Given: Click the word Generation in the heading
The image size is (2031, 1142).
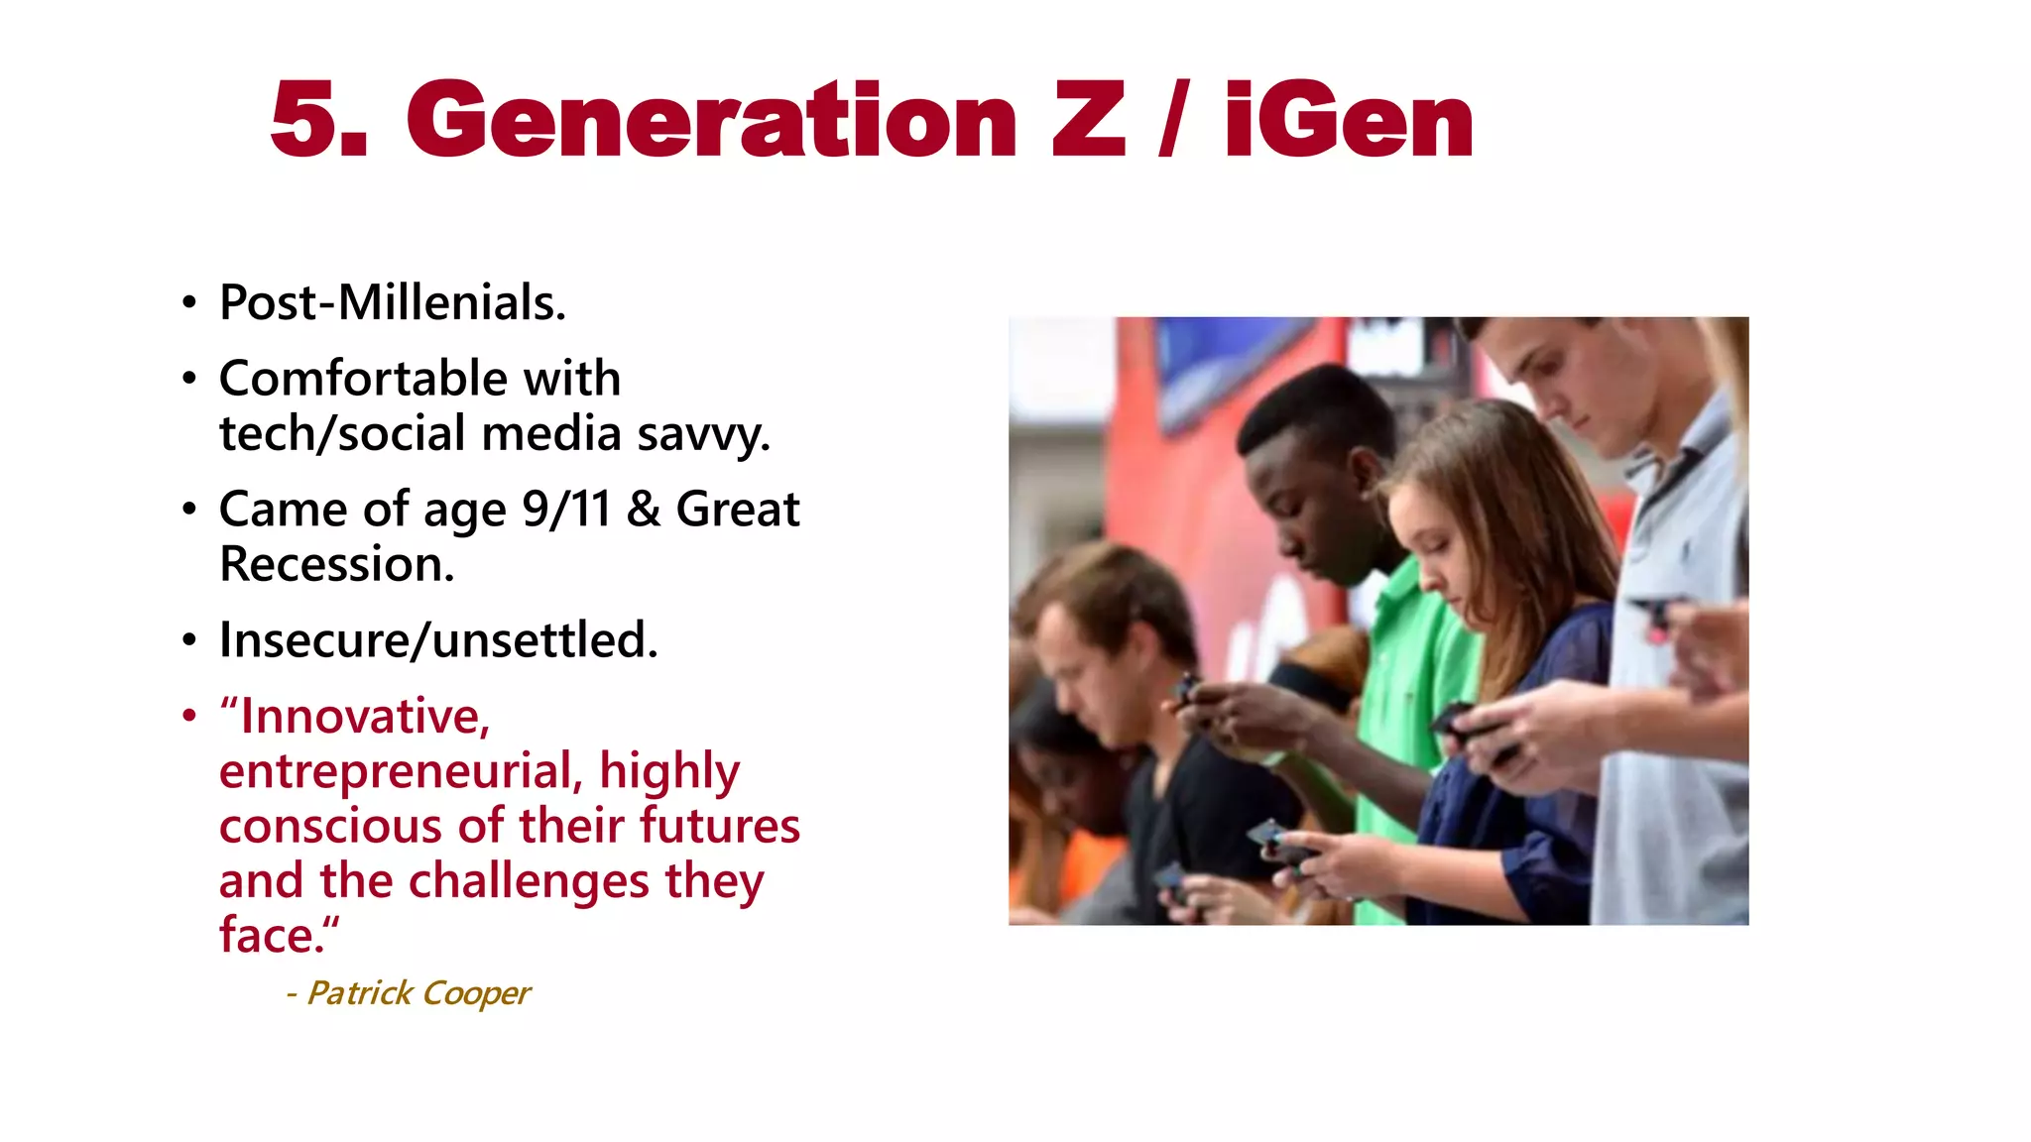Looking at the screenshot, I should pyautogui.click(x=711, y=121).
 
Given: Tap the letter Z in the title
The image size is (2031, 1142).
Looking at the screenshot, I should pyautogui.click(x=1088, y=121).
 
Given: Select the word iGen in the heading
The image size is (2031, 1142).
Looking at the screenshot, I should pyautogui.click(x=1349, y=121).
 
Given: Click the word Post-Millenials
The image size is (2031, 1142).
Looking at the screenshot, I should pyautogui.click(x=393, y=302).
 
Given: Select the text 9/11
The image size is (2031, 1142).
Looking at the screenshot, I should pyautogui.click(x=566, y=510).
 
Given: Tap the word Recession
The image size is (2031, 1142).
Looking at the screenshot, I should pyautogui.click(x=337, y=564).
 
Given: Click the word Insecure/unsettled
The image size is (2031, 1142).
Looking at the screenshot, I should pyautogui.click(x=438, y=640).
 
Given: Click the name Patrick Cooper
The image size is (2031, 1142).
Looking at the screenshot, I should pyautogui.click(x=418, y=992).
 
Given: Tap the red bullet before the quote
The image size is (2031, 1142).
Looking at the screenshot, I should pyautogui.click(x=189, y=716).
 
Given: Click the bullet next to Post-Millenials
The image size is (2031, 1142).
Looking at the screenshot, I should pyautogui.click(x=189, y=303).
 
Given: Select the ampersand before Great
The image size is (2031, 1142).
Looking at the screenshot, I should pyautogui.click(x=644, y=510).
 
